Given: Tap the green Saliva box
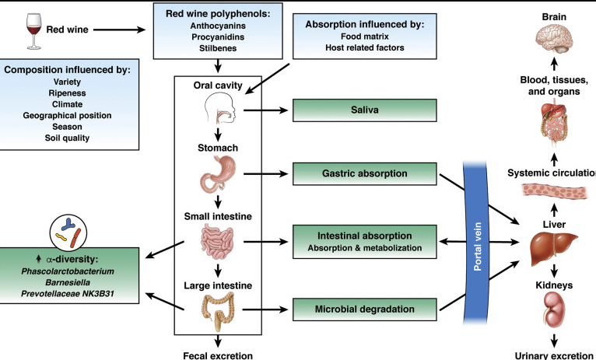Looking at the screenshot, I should [x=352, y=112].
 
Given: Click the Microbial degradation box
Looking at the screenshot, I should [x=352, y=310].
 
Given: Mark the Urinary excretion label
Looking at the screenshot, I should [x=555, y=354].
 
